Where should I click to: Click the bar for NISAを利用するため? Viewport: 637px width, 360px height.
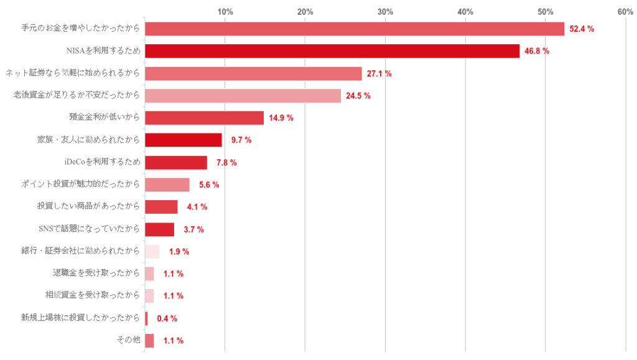click(x=332, y=51)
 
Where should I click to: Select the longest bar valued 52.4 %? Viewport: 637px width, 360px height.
click(x=354, y=29)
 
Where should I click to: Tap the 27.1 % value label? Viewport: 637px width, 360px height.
click(x=379, y=73)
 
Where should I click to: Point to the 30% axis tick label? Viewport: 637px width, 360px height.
click(x=385, y=12)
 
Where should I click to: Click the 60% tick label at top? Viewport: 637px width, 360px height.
click(x=625, y=12)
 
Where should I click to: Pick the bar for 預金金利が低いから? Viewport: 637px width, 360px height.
click(x=204, y=118)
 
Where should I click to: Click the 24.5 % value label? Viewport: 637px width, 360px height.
click(x=358, y=96)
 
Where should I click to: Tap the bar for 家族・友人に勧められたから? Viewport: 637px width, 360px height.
click(x=183, y=140)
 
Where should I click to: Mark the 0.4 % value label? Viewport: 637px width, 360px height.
click(x=167, y=318)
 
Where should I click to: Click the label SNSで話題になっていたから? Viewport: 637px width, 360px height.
click(x=89, y=229)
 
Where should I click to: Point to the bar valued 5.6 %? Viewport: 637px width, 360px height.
click(x=167, y=185)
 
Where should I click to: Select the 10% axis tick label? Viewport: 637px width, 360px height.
click(x=225, y=12)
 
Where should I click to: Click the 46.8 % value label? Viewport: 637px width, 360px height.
click(x=537, y=51)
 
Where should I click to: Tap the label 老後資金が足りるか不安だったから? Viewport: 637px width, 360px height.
click(x=77, y=95)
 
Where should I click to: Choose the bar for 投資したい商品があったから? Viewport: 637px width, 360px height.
click(x=161, y=207)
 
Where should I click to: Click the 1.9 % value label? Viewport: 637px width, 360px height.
click(x=179, y=252)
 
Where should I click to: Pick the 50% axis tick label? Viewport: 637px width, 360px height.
click(x=546, y=12)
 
